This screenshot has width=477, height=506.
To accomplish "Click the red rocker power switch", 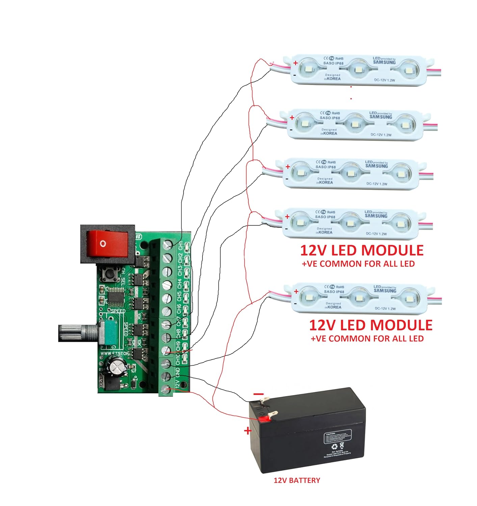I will tap(107, 244).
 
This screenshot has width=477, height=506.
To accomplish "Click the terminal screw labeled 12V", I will tap(166, 390).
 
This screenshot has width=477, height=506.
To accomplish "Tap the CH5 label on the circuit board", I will tap(179, 297).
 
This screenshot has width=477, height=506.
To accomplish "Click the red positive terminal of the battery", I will tap(265, 419).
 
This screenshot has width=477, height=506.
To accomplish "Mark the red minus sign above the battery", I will tap(259, 394).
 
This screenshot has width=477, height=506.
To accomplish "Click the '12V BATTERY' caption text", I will tap(297, 480).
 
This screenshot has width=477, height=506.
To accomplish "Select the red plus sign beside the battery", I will tap(248, 431).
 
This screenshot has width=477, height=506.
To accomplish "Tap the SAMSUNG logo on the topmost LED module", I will tap(384, 62).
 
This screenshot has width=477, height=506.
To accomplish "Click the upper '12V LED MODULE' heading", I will tap(362, 251).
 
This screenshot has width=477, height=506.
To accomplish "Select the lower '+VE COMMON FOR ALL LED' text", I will tap(367, 339).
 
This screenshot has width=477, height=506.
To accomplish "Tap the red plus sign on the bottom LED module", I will tap(296, 291).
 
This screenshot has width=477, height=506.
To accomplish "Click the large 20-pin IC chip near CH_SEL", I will tap(116, 296).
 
